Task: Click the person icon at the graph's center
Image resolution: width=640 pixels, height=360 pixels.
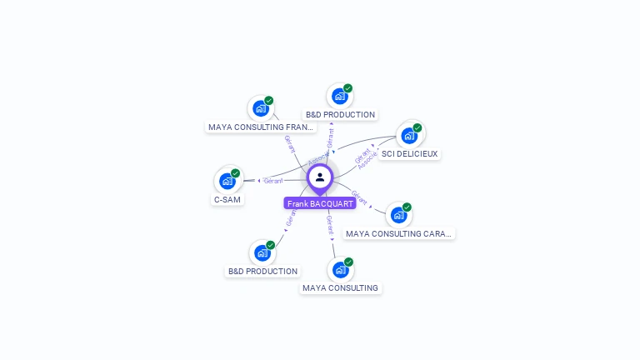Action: pyautogui.click(x=320, y=177)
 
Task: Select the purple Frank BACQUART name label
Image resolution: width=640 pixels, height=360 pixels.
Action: pyautogui.click(x=320, y=203)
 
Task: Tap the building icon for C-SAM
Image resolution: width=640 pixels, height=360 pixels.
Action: pyautogui.click(x=227, y=180)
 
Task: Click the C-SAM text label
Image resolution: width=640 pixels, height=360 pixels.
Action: pyautogui.click(x=227, y=200)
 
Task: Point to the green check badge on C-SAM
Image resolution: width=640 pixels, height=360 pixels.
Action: pyautogui.click(x=236, y=173)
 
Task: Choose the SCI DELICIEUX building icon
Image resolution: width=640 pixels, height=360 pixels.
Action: pyautogui.click(x=408, y=135)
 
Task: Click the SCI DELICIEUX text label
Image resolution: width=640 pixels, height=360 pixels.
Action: pyautogui.click(x=409, y=154)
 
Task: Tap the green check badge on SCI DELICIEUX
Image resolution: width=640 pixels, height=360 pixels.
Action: pyautogui.click(x=417, y=128)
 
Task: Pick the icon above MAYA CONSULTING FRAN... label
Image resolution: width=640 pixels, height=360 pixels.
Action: pyautogui.click(x=261, y=108)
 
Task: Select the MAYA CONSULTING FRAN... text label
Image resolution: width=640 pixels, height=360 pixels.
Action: pyautogui.click(x=262, y=127)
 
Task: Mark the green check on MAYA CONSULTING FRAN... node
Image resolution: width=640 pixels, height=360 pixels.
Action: pyautogui.click(x=269, y=101)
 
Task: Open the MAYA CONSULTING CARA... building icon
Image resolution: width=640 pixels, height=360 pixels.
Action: pyautogui.click(x=398, y=214)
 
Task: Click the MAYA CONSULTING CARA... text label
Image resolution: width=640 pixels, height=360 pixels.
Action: pyautogui.click(x=399, y=234)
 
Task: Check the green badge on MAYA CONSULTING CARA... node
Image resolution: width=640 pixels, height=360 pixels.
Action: pyautogui.click(x=407, y=207)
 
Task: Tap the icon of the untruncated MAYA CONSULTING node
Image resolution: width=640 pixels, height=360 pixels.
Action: pyautogui.click(x=340, y=269)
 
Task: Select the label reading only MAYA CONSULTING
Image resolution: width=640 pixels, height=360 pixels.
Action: pyautogui.click(x=340, y=288)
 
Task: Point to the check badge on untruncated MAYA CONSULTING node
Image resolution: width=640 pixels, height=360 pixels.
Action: pyautogui.click(x=348, y=262)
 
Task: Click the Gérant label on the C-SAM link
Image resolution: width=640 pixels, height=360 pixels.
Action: pyautogui.click(x=273, y=180)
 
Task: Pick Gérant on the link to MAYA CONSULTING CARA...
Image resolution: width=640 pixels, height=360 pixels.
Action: pyautogui.click(x=359, y=197)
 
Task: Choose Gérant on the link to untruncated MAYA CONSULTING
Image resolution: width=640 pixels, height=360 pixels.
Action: pyautogui.click(x=329, y=222)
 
